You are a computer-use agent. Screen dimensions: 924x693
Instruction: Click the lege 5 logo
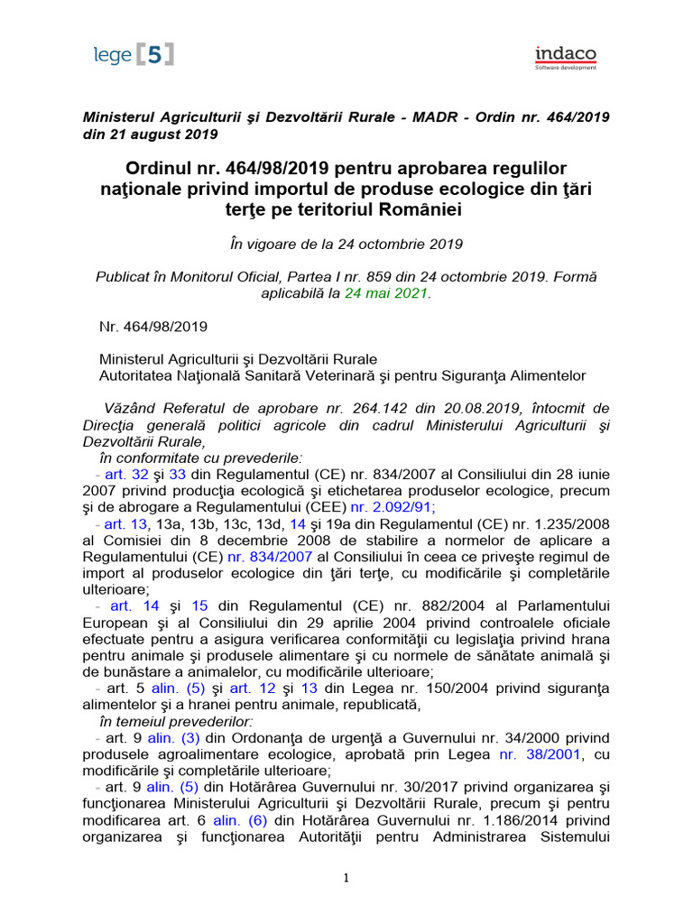(x=133, y=55)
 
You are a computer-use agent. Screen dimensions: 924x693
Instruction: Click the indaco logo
(x=565, y=57)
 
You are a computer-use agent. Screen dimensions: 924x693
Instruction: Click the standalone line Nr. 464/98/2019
(x=152, y=326)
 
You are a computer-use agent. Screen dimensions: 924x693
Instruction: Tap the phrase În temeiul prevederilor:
(x=177, y=721)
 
